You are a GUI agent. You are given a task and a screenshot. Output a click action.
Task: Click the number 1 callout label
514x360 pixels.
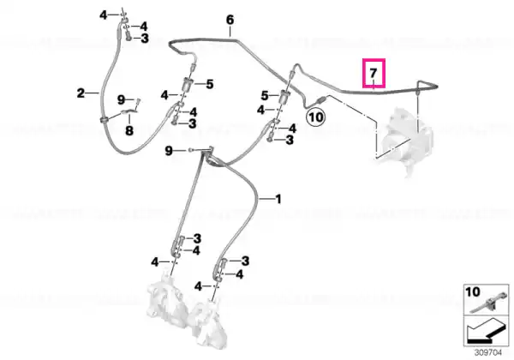tap(278, 199)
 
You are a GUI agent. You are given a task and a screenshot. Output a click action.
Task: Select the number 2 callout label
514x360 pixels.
tap(81, 93)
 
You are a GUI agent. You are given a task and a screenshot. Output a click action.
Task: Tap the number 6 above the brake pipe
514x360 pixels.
tap(230, 20)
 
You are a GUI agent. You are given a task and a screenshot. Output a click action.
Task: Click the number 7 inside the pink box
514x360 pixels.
tap(373, 73)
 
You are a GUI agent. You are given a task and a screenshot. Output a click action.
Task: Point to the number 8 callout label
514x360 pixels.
tap(129, 131)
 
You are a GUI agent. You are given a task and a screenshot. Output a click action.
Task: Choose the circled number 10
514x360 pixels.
tap(315, 117)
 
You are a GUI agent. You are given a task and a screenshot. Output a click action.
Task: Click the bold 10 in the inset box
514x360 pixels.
tap(473, 291)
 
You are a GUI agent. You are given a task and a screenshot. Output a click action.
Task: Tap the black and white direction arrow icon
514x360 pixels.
tap(486, 332)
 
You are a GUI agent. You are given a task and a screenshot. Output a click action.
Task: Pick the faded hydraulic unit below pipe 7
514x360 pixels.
tap(405, 137)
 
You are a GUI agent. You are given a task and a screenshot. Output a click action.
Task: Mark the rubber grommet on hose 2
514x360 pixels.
tap(105, 120)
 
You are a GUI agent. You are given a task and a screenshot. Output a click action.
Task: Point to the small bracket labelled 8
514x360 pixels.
tap(130, 111)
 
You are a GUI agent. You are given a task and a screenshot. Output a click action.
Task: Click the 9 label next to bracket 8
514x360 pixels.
tap(122, 99)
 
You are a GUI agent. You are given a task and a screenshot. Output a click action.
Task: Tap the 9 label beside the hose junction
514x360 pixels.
tap(169, 151)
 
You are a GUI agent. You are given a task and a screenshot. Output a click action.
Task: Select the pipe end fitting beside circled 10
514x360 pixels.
tap(321, 99)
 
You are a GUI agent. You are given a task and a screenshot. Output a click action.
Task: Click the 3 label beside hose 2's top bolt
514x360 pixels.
tap(145, 39)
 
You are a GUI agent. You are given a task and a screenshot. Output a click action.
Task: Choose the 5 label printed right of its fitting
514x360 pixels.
tap(210, 84)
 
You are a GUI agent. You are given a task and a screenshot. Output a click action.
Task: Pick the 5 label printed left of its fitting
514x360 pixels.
tap(265, 96)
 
